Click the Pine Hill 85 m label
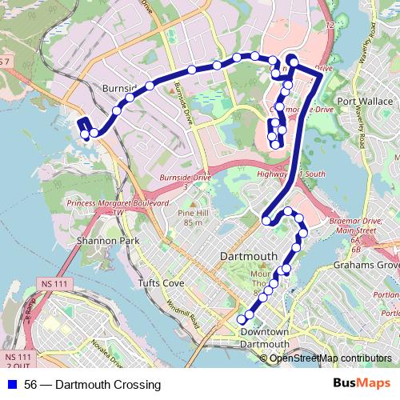[191, 218]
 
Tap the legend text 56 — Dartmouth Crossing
[92, 385]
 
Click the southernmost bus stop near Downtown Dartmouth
[241, 319]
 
